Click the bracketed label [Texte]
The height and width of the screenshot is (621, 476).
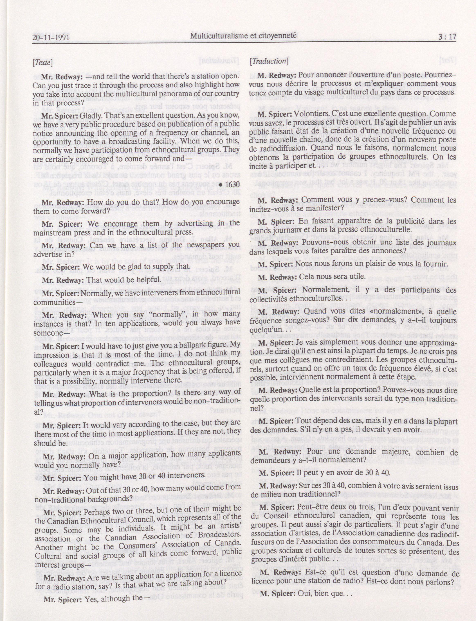[x=43, y=62]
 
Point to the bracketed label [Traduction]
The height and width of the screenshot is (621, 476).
[x=269, y=61]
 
